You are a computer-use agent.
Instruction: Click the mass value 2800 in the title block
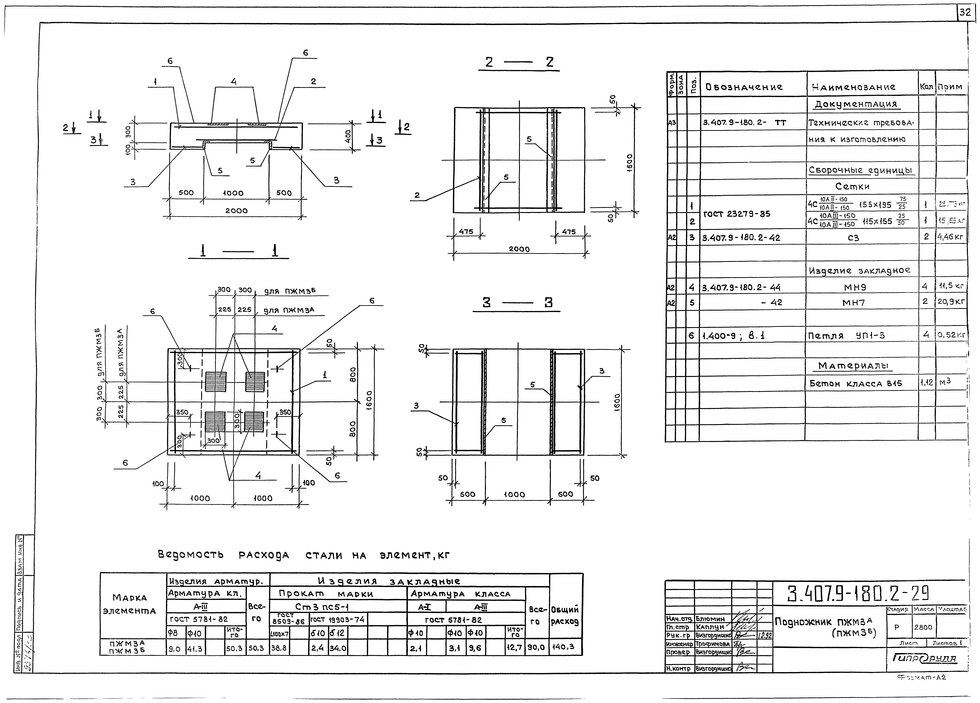923,627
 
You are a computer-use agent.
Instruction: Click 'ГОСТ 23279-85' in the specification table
737,214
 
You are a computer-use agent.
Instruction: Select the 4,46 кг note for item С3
951,237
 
